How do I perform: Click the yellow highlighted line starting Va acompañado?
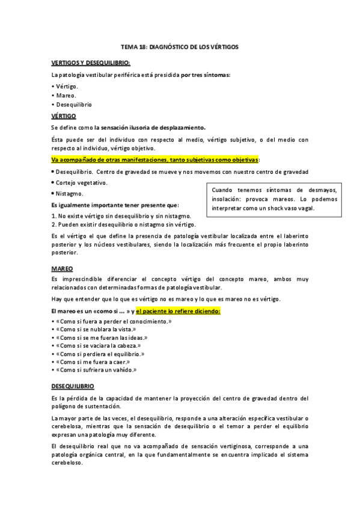(x=156, y=159)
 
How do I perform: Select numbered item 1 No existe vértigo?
(x=122, y=216)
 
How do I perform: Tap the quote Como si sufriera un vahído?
(x=95, y=370)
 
